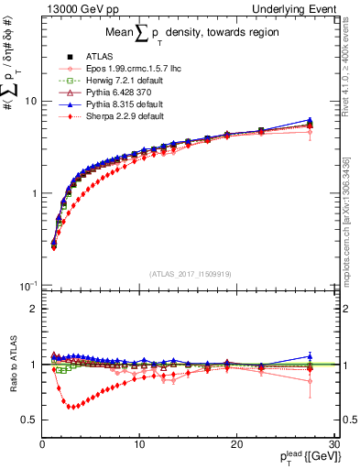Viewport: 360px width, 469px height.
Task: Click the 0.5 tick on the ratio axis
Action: (x=30, y=420)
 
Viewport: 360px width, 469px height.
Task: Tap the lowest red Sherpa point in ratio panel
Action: (x=71, y=407)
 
